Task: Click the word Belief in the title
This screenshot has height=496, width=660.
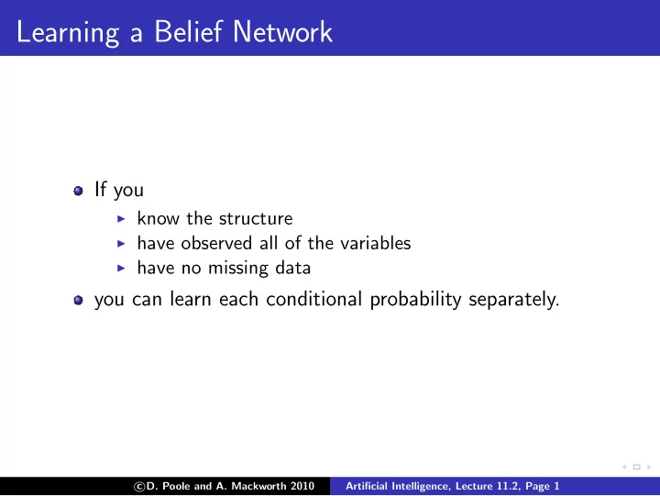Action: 188,31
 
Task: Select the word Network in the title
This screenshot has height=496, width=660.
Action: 282,31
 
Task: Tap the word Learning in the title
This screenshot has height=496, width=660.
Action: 68,33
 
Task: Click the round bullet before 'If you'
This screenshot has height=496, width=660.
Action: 78,191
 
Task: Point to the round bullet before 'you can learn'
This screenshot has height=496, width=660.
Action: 78,300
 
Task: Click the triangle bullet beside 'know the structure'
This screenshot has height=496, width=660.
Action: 121,218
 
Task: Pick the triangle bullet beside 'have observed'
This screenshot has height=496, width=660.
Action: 121,243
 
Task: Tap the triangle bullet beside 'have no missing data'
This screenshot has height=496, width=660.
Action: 121,268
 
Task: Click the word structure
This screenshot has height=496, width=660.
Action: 256,218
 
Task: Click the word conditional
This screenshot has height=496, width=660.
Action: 314,299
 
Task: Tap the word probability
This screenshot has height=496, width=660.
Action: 416,300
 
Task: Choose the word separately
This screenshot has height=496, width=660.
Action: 514,300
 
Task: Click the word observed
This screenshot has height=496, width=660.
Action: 216,243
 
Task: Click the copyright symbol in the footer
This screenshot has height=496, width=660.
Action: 139,487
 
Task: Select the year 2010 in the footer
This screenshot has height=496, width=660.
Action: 302,486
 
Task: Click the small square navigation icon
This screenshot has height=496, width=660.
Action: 637,467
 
